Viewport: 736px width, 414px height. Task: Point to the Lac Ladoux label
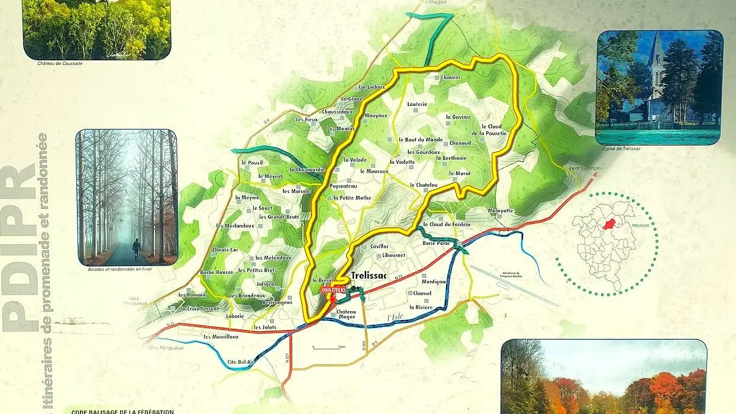click(x=372, y=87)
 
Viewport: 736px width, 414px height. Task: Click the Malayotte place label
click(x=501, y=211)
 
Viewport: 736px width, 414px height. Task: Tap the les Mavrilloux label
click(x=221, y=337)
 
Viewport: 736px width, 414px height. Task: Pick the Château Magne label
click(x=346, y=315)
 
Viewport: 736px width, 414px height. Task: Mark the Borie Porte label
click(x=437, y=243)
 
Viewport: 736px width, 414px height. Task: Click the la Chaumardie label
click(x=305, y=170)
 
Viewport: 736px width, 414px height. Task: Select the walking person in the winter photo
click(x=137, y=248)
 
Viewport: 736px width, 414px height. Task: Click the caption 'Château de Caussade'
click(x=60, y=63)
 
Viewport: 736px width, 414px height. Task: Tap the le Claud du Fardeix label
click(x=450, y=224)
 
